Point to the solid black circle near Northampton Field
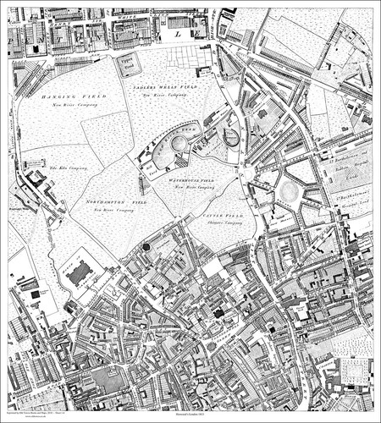146,246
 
